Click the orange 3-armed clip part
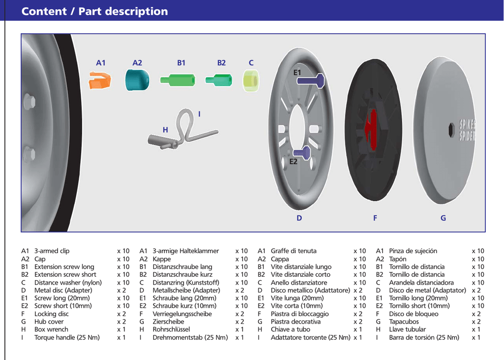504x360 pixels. [99, 80]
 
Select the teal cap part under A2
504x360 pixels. [137, 80]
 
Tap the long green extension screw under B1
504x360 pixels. [178, 80]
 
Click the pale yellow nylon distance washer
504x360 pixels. [251, 80]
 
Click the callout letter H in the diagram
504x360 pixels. [165, 130]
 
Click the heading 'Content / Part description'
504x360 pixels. [94, 11]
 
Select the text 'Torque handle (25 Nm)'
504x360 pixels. [67, 337]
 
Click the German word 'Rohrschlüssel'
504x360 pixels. [171, 329]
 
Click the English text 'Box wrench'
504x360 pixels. [51, 329]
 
